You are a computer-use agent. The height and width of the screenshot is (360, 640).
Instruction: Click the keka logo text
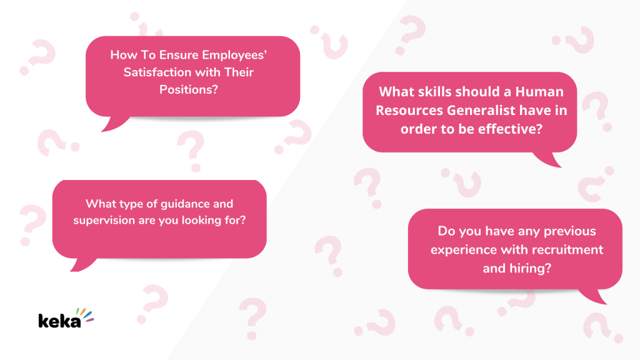pos(59,321)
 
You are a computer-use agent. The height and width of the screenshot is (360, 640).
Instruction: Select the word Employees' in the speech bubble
pos(234,56)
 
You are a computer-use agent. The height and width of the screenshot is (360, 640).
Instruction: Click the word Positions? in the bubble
pos(189,89)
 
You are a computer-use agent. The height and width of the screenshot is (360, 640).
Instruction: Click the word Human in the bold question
pos(539,92)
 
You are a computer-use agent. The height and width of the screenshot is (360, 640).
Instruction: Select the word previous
pos(570,231)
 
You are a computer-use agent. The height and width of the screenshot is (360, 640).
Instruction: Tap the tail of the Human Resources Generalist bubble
pos(548,159)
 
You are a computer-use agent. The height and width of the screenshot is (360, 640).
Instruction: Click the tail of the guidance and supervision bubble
pos(83,265)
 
